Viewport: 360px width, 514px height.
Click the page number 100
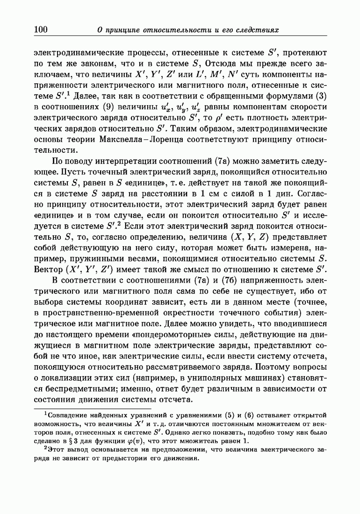tap(41, 29)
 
